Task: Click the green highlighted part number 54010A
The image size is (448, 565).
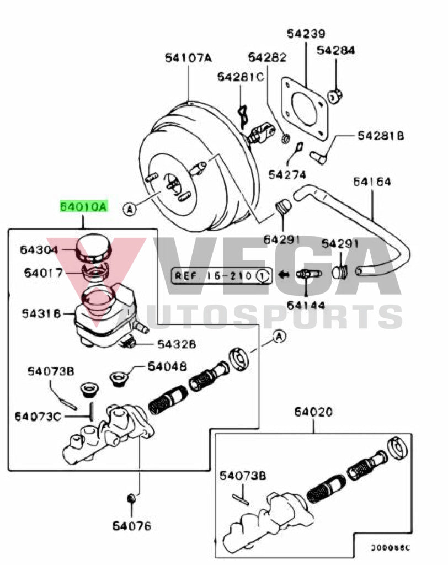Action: (x=84, y=207)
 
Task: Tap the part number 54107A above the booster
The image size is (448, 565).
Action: (x=188, y=57)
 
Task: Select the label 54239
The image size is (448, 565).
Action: (x=306, y=34)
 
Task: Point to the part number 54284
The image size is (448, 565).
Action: (x=336, y=51)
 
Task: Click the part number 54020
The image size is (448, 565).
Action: (x=313, y=412)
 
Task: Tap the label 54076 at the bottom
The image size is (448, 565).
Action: (x=132, y=526)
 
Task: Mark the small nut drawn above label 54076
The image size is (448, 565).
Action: (x=131, y=499)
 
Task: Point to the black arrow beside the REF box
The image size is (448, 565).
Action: (x=285, y=274)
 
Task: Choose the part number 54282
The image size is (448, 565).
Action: (x=267, y=57)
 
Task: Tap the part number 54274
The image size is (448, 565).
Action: (x=287, y=174)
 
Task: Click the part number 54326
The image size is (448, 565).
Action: (x=177, y=344)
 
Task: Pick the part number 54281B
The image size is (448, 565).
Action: (x=381, y=135)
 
